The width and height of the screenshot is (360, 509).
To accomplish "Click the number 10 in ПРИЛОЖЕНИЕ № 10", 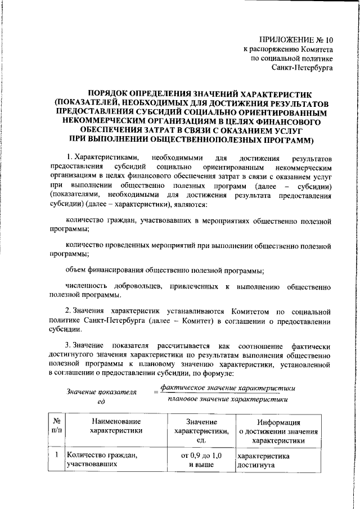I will [328, 40].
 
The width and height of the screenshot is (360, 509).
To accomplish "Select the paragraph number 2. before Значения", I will [69, 312].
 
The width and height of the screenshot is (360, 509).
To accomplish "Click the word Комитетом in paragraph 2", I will [247, 312].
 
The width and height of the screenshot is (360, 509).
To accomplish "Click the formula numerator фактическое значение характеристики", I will [227, 388].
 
